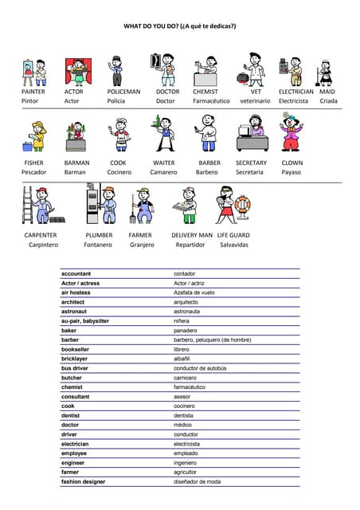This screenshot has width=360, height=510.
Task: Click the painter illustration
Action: coord(33,71)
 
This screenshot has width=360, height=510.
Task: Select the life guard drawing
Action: coord(230,204)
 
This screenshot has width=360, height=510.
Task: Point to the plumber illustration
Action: coord(100,204)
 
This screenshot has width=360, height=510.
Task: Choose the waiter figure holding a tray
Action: coord(164,133)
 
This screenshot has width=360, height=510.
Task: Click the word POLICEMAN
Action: coord(123,92)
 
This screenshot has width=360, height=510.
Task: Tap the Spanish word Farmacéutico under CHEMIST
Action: coord(211,101)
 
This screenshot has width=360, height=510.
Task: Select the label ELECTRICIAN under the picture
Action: coord(295,92)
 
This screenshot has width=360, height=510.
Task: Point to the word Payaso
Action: coord(292,172)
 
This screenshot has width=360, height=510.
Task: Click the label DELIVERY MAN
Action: coord(192,235)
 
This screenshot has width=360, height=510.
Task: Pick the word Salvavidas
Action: coord(234,245)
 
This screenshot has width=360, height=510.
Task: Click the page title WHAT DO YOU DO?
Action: coord(179,26)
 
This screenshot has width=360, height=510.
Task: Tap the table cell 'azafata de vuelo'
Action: coord(194,292)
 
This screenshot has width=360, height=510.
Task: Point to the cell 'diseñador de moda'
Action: coord(197,481)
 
